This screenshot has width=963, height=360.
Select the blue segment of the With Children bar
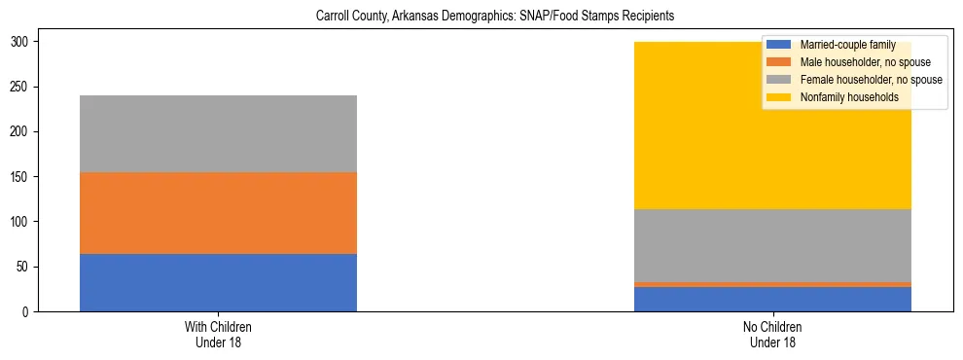coord(218,282)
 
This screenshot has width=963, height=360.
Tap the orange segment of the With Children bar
coord(218,213)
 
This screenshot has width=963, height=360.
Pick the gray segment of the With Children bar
coord(218,134)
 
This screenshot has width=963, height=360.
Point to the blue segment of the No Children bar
coord(772,299)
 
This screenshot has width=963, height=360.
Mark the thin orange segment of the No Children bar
coord(772,284)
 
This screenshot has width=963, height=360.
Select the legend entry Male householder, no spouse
coord(851,62)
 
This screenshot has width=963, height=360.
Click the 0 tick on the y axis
coord(26,312)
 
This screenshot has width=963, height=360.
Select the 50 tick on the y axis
coord(23,267)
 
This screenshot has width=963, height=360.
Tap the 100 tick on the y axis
coord(20,222)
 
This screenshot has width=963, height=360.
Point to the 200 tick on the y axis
coord(20,132)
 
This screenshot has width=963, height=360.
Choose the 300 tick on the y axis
coord(20,42)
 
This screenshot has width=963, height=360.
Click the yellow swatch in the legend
coord(779,97)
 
